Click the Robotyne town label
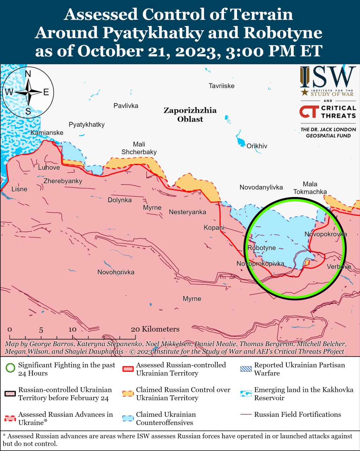click(x=261, y=248)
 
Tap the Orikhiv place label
click(x=257, y=146)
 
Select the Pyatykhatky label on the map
click(x=87, y=124)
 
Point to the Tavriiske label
click(x=221, y=86)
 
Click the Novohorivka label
click(x=116, y=272)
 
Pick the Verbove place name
click(x=339, y=266)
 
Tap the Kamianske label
click(x=47, y=132)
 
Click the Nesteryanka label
click(x=187, y=212)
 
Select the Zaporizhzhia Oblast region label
click(x=190, y=115)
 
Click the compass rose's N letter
click(x=28, y=74)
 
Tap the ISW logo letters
click(x=328, y=78)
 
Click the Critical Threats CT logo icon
click(x=309, y=112)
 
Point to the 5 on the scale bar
click(x=41, y=330)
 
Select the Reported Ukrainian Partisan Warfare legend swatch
click(x=246, y=369)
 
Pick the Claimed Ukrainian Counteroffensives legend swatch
click(x=128, y=418)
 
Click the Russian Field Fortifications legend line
click(x=246, y=415)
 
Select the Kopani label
click(x=214, y=227)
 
